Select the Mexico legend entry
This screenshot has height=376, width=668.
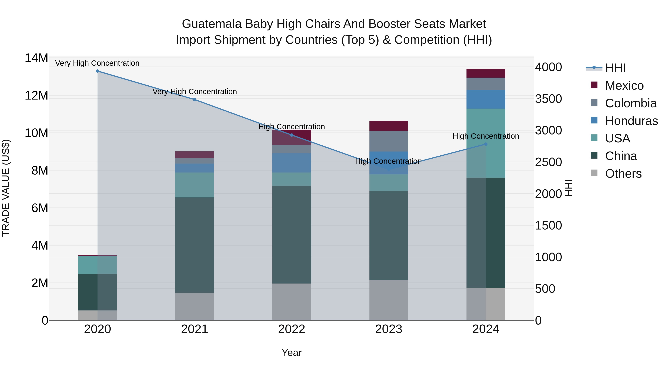(624, 86)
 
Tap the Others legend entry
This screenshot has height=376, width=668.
(623, 174)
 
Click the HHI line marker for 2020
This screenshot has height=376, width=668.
(97, 71)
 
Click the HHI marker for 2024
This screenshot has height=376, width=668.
(486, 144)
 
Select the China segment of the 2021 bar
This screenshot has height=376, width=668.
(194, 245)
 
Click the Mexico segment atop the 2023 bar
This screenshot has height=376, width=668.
(388, 126)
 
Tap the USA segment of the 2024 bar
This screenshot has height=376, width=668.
(486, 143)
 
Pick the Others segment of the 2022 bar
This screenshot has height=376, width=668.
(292, 302)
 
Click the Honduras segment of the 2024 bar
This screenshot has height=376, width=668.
(486, 99)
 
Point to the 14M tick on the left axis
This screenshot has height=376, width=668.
(36, 58)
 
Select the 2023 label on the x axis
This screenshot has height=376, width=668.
(388, 329)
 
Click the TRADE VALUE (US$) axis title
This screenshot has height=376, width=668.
(6, 188)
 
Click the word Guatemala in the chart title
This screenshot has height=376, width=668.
(212, 24)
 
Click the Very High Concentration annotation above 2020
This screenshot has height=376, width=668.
(97, 63)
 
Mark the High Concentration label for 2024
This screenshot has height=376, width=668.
(486, 136)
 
